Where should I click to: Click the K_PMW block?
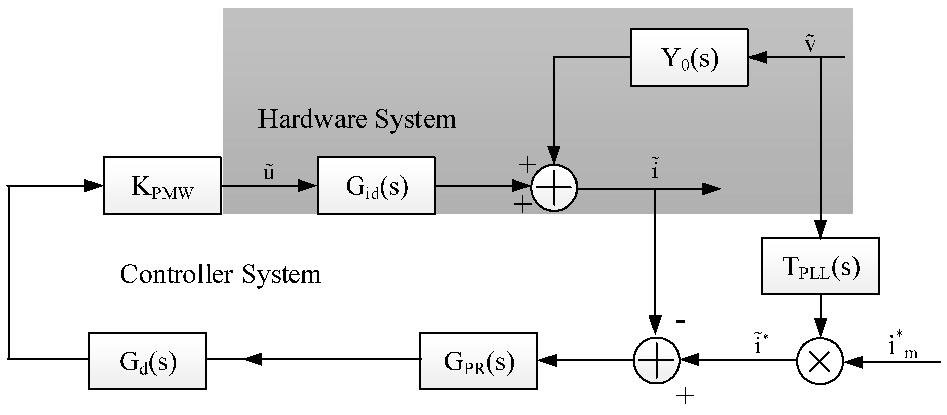click(x=162, y=186)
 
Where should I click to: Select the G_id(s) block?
click(x=376, y=186)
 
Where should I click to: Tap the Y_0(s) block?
click(x=689, y=58)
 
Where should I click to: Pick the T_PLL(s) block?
click(x=820, y=266)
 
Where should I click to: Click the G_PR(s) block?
click(x=479, y=361)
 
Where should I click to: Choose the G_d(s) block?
click(x=147, y=361)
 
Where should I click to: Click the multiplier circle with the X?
click(x=820, y=361)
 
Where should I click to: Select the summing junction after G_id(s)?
click(x=554, y=188)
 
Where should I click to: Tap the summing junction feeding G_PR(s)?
click(x=656, y=360)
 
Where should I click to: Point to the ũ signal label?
click(x=269, y=172)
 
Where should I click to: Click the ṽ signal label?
click(x=810, y=44)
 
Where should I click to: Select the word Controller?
click(x=176, y=274)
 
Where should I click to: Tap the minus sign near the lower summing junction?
click(x=681, y=321)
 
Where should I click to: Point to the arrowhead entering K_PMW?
click(x=94, y=186)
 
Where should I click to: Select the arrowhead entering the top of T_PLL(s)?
click(x=820, y=229)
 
